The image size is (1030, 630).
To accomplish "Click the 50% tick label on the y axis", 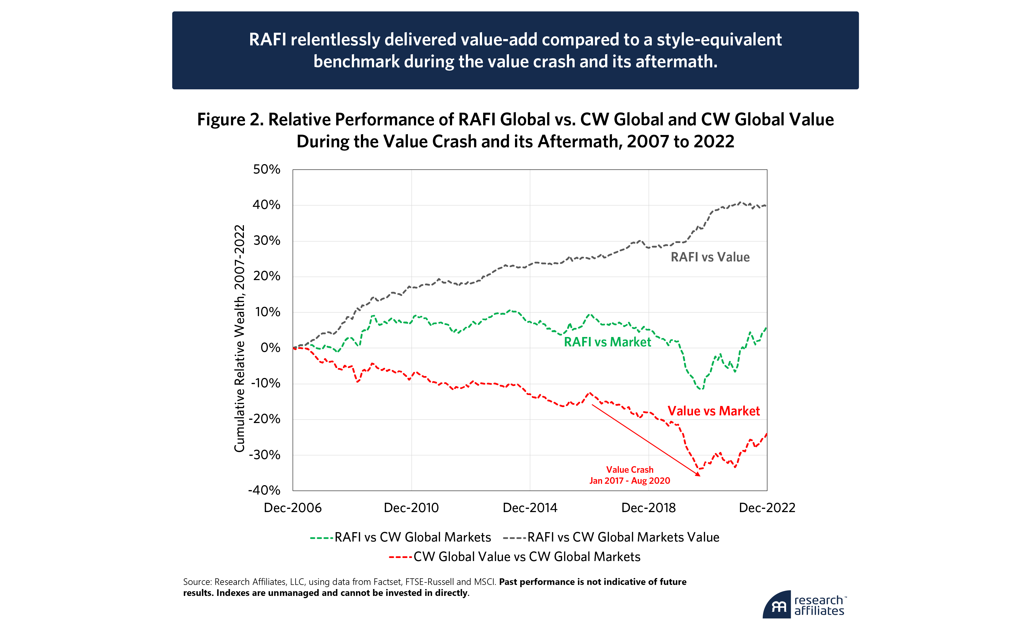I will coord(266,169).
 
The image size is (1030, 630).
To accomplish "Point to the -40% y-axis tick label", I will coord(264,490).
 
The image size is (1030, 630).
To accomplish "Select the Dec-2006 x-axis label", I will coord(293,508).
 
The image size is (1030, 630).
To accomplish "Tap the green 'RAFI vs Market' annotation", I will coord(607,342).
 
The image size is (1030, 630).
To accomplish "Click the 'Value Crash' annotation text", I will coord(630,470).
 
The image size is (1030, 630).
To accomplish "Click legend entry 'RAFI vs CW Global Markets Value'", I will coord(623,537).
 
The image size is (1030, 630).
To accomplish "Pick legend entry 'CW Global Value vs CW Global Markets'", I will coord(527,557).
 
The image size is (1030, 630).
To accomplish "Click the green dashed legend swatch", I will coord(321,538).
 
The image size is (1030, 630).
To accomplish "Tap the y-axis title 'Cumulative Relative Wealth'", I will coord(239,339).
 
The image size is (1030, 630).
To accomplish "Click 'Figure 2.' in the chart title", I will coord(230,120).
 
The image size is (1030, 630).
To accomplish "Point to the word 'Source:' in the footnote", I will coord(197,582).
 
